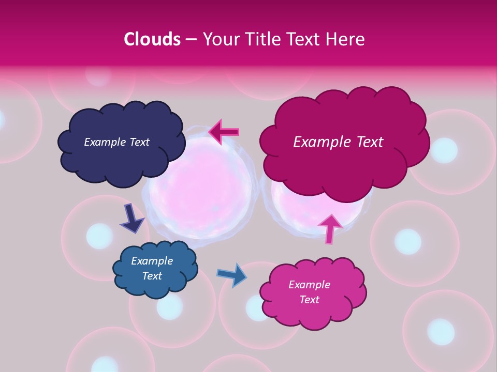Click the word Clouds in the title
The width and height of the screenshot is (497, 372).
click(x=152, y=39)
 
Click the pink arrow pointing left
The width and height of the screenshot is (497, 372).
click(x=224, y=132)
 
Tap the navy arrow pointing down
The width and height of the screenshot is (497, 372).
click(x=131, y=218)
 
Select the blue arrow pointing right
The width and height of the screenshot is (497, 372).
click(x=232, y=274)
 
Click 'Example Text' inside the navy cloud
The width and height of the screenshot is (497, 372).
click(x=116, y=142)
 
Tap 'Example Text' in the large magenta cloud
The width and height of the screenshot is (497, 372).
click(x=338, y=142)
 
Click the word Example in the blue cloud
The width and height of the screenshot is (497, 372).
click(x=152, y=261)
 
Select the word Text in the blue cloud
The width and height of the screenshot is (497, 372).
click(x=152, y=276)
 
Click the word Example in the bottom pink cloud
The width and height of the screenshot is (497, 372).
click(x=309, y=285)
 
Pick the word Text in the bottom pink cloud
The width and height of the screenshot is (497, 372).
click(x=309, y=300)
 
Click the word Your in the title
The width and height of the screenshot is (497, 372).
click(x=220, y=39)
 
